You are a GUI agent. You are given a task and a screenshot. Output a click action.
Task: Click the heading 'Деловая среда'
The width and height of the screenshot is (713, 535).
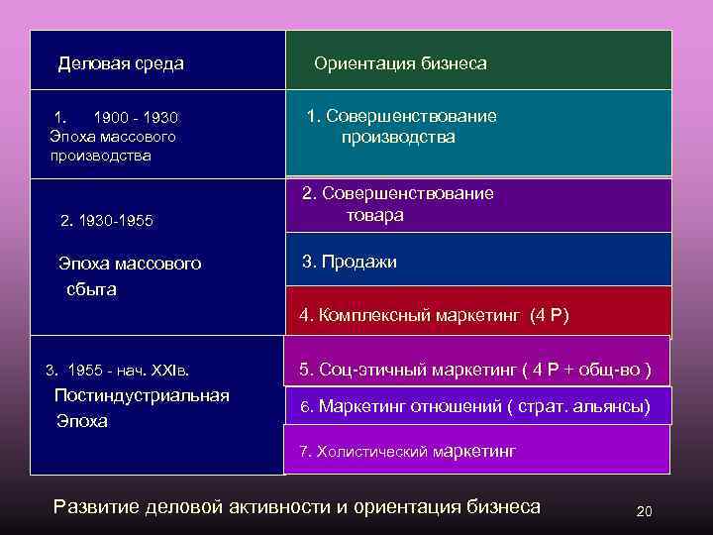[x=121, y=63]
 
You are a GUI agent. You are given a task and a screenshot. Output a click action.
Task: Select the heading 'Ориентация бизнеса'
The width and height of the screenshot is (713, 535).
[x=400, y=63]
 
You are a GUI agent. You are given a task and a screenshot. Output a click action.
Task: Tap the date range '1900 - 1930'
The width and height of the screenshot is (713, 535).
[x=136, y=117]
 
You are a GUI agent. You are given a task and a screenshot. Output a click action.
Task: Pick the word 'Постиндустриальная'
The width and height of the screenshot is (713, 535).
[x=143, y=395]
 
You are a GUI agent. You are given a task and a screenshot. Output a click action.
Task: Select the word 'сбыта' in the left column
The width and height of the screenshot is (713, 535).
[x=91, y=289]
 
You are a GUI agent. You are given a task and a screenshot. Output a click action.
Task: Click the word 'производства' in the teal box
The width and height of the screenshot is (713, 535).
[x=398, y=138]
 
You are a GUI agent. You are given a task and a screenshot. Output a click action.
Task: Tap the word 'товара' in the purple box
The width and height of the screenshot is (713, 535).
[x=374, y=215]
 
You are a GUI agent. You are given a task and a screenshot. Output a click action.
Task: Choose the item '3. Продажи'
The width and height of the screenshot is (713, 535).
[x=349, y=263]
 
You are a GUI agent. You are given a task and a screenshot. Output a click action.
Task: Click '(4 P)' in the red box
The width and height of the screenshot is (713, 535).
[x=550, y=316]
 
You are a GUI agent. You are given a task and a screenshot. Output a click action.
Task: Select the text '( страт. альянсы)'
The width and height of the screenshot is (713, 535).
[x=585, y=406]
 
